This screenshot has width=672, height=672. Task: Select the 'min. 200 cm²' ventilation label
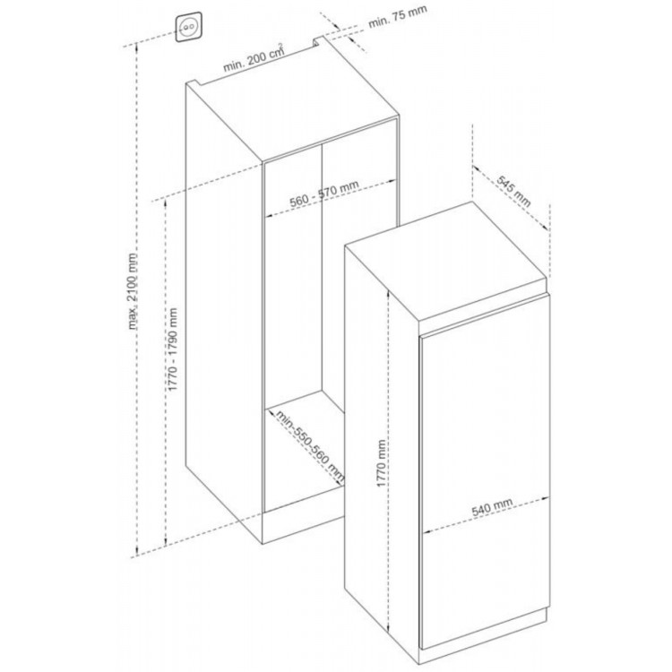253,58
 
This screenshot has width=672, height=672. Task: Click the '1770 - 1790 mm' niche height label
173,349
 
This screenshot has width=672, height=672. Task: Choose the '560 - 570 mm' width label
324,194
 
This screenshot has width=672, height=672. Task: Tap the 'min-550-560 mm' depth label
309,446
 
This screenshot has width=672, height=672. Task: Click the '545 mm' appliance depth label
513,191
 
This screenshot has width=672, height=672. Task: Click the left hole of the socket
185,28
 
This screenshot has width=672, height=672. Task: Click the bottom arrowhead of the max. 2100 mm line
137,552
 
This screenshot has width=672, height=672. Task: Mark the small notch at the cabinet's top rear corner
317,41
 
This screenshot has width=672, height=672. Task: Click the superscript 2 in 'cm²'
281,46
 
